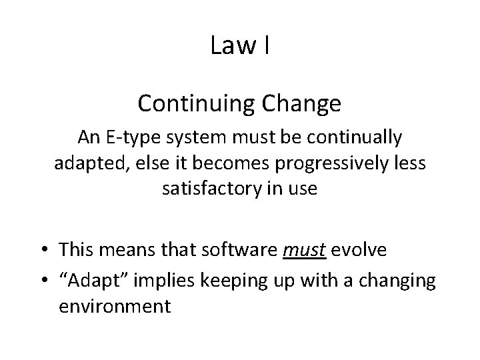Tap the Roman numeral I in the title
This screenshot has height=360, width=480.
[x=266, y=45]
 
